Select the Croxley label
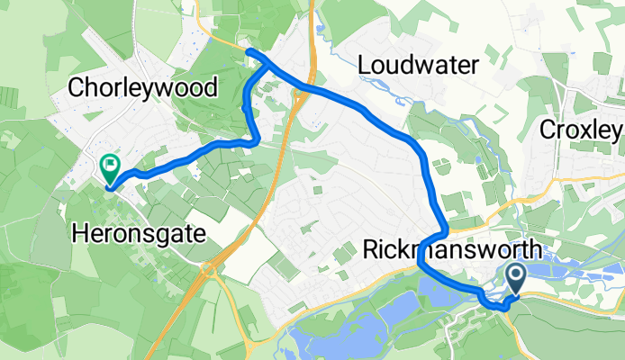pyautogui.click(x=581, y=130)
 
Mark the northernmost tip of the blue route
pyautogui.click(x=249, y=52)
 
